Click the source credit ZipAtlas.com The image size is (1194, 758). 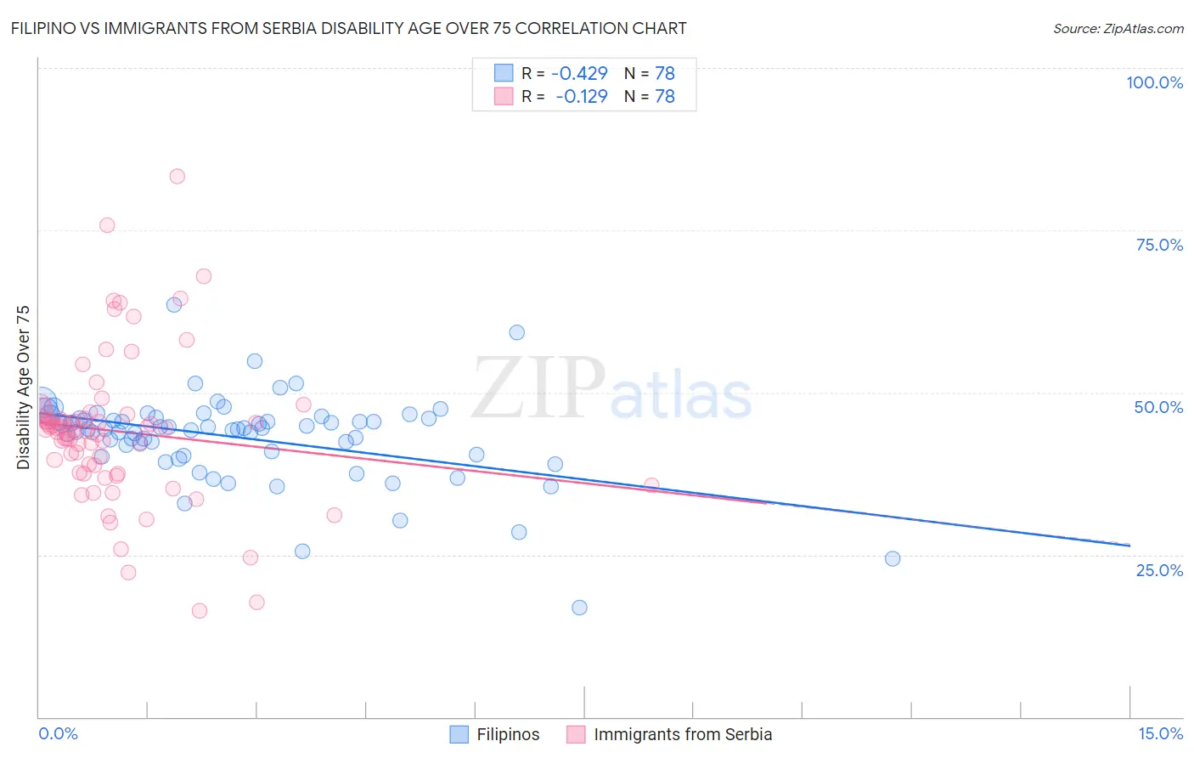(1118, 28)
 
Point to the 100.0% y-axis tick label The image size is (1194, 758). (1154, 82)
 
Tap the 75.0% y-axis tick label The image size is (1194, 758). (1159, 245)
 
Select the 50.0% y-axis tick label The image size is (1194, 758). (1158, 407)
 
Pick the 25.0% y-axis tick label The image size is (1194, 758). (1159, 569)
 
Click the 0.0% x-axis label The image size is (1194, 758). (58, 733)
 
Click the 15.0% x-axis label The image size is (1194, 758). (1160, 733)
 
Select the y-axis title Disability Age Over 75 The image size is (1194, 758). (24, 387)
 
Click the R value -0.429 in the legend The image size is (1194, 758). (579, 74)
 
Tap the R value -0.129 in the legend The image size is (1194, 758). (581, 97)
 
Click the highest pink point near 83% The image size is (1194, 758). (177, 177)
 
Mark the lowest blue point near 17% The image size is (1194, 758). (579, 608)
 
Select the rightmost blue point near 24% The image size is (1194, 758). (892, 558)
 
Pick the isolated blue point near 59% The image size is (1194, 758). (516, 332)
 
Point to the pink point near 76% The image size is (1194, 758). (107, 225)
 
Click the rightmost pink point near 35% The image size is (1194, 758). (651, 485)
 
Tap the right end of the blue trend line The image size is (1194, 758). (1129, 545)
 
